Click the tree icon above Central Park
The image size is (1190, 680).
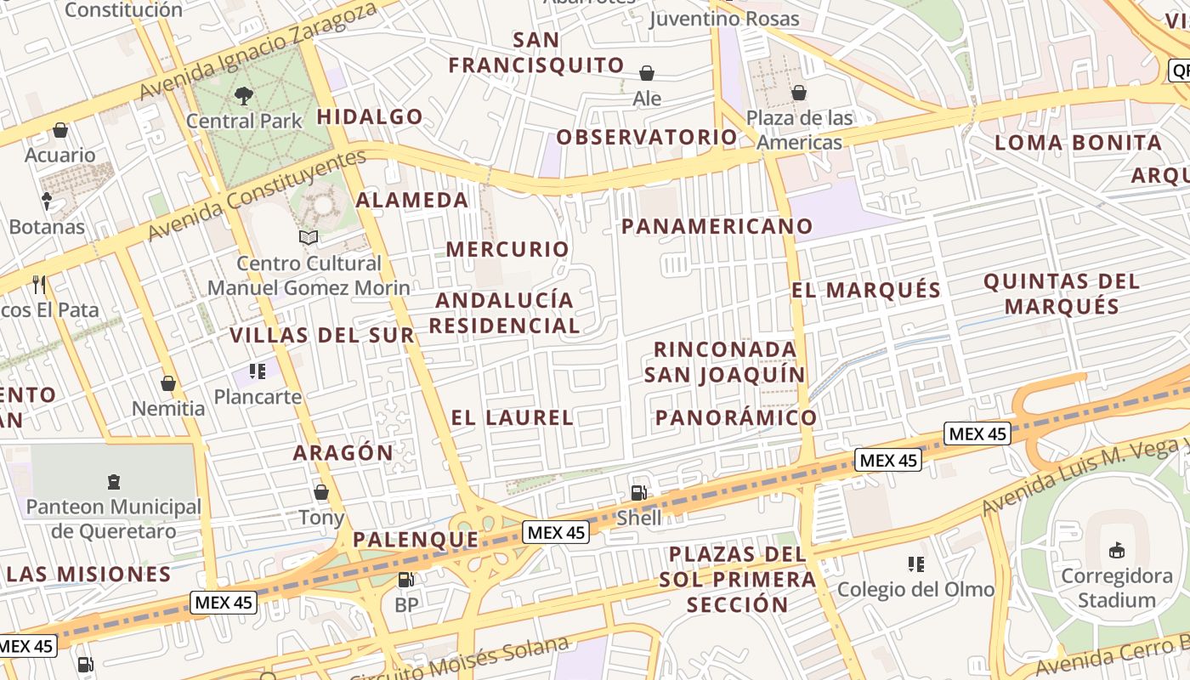coord(244,95)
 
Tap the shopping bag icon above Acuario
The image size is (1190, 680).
coord(60,130)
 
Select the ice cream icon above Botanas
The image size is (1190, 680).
coord(47,201)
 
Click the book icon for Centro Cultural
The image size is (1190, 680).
coord(309,237)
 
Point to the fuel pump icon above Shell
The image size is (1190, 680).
coord(638,492)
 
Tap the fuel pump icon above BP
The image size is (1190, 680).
coord(406,580)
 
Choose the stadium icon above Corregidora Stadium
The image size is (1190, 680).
coord(1117,551)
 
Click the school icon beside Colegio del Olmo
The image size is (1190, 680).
coord(915,564)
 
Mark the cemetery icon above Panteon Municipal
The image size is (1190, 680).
coord(114,482)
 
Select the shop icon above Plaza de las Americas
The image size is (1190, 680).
coord(799,93)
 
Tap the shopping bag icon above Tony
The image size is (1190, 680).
coord(321,492)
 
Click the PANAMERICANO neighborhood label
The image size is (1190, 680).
coord(717,226)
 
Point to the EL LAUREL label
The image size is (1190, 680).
coord(513,417)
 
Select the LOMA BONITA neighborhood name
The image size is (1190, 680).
coord(1078,143)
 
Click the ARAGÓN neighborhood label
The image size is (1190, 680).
coord(343,453)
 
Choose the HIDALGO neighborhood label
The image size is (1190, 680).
coord(370,116)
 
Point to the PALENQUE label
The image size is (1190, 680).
coord(416,540)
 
